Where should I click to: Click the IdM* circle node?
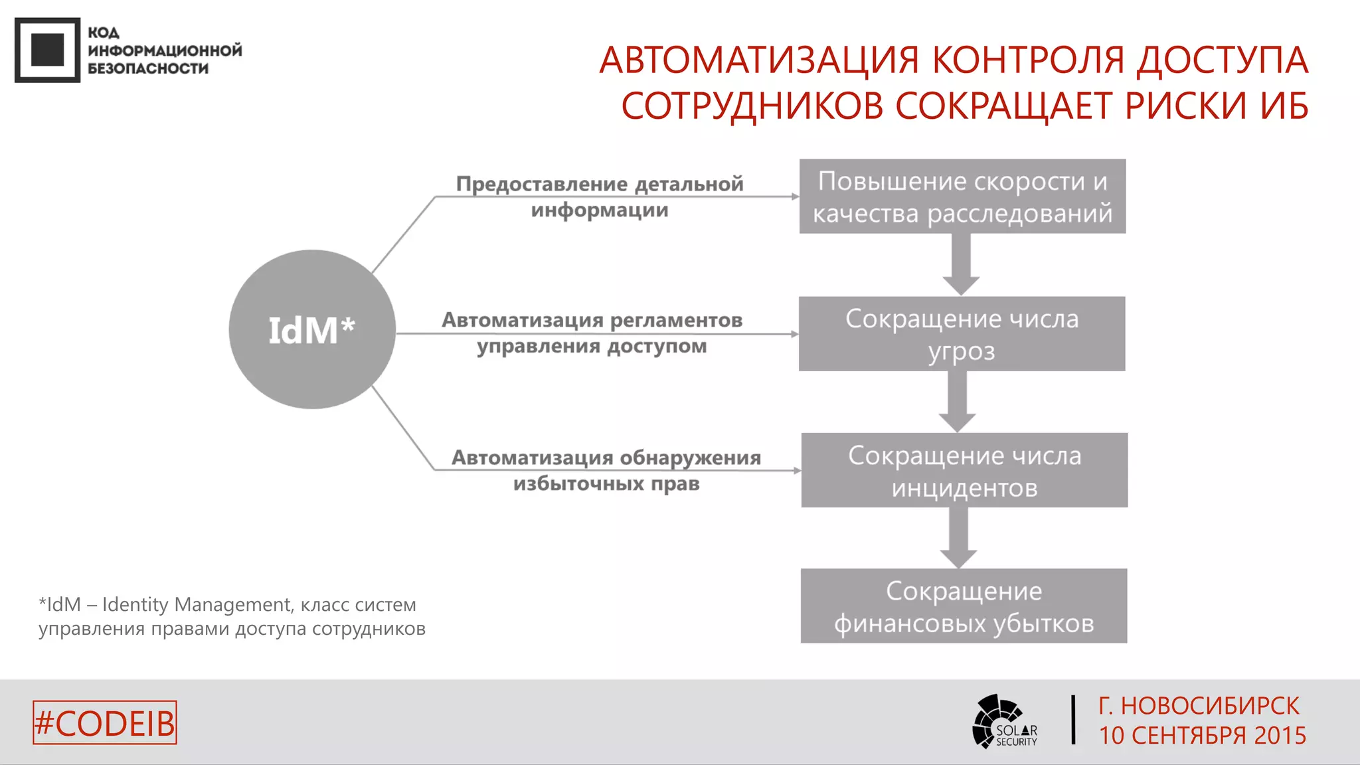312,329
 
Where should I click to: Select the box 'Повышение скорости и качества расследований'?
962,197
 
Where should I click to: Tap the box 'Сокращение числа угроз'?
962,334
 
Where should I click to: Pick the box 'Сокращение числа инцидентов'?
964,471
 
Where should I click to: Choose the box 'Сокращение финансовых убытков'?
964,606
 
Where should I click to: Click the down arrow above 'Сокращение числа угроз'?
961,265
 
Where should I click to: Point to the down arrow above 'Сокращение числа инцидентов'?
957,402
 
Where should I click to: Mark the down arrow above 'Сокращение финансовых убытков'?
958,539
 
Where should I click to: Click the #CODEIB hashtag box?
105,722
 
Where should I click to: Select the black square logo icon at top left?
47,50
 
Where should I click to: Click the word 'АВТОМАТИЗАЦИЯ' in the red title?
759,60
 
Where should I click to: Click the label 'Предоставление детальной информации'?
600,197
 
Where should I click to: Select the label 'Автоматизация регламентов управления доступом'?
592,333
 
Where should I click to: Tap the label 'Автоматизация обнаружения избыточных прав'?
606,470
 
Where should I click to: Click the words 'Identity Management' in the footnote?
196,605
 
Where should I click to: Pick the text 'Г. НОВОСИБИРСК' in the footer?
1199,706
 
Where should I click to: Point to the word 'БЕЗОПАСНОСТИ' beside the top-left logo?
148,68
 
